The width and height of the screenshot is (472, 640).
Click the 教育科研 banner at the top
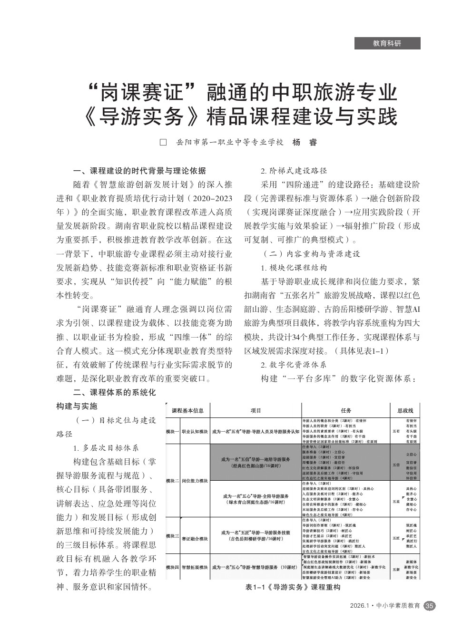[x=387, y=43]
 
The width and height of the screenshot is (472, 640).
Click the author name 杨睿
[x=305, y=142]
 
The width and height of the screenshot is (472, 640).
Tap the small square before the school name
[x=163, y=142]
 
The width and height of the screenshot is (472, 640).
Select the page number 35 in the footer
[x=430, y=606]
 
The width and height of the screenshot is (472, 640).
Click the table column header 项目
[x=256, y=410]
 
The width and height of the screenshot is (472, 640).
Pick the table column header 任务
[x=346, y=410]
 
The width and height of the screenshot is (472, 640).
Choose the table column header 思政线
[x=405, y=410]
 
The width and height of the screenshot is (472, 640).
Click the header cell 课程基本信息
[x=187, y=410]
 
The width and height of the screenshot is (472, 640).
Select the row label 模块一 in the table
[x=172, y=431]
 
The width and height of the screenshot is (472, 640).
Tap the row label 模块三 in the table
[x=172, y=536]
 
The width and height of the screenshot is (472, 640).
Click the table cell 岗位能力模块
[x=195, y=481]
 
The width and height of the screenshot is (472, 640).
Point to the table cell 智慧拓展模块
[x=195, y=567]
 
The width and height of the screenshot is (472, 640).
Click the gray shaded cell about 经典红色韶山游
[x=256, y=463]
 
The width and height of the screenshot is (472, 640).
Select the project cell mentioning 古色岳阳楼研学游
[x=256, y=536]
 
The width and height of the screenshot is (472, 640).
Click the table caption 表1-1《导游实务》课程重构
[x=293, y=587]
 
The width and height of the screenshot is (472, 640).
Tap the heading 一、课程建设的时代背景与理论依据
[x=139, y=171]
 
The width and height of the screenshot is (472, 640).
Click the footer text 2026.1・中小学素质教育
[x=384, y=606]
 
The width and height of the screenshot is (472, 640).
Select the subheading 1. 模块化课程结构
[x=294, y=268]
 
